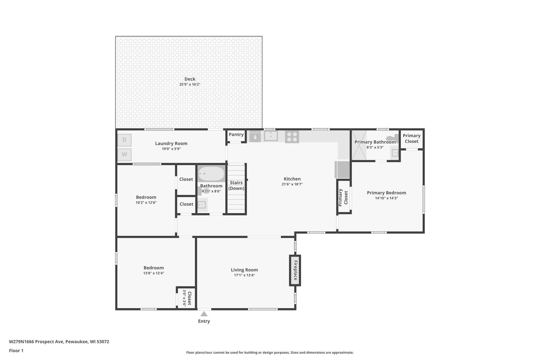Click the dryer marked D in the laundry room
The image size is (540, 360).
[x=124, y=140]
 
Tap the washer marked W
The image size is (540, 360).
[x=124, y=155]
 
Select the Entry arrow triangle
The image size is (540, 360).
[x=204, y=314]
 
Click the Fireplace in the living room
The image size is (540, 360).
[x=295, y=270]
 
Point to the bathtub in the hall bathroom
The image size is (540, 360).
[x=211, y=174]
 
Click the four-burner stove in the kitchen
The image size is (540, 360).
[x=292, y=137]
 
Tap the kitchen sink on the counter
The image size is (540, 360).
[x=271, y=136]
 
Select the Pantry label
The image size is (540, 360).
[x=236, y=135]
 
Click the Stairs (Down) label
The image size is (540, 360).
[x=236, y=185]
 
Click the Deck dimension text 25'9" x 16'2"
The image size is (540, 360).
[x=190, y=84]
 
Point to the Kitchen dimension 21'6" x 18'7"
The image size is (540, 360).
[x=292, y=184]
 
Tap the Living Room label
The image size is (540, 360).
[x=244, y=270]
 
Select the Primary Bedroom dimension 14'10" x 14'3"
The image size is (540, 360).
[x=387, y=198]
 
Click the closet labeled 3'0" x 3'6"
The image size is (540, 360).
[x=186, y=298]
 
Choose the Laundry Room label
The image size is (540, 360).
[x=171, y=143]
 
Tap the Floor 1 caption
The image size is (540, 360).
[x=16, y=351]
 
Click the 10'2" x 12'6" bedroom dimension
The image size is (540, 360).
[x=146, y=203]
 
